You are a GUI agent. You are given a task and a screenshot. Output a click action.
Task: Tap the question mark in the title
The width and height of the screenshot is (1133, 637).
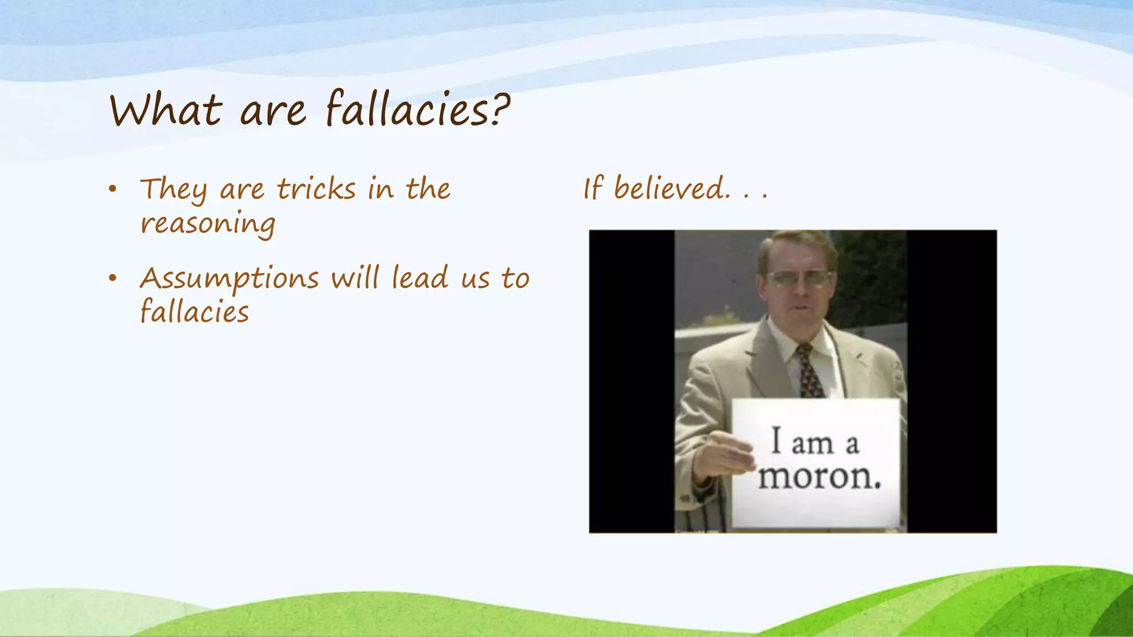click(498, 108)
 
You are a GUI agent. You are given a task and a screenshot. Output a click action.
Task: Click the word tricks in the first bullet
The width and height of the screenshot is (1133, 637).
click(316, 189)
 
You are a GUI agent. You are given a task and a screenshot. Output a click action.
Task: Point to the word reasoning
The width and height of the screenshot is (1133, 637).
click(207, 224)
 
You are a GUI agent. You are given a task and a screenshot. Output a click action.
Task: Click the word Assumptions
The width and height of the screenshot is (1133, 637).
click(230, 279)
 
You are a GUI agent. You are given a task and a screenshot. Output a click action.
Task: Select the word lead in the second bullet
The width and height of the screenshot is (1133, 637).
click(420, 278)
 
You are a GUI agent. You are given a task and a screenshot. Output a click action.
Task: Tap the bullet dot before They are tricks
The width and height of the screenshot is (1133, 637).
click(113, 189)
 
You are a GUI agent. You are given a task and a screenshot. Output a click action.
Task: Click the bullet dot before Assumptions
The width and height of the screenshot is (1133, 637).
click(113, 278)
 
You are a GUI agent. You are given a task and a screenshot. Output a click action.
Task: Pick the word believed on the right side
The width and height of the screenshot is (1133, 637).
click(671, 188)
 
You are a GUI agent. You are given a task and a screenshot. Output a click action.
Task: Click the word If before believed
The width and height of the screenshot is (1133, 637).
click(593, 188)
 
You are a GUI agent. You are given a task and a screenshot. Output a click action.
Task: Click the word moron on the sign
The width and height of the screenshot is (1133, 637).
click(819, 476)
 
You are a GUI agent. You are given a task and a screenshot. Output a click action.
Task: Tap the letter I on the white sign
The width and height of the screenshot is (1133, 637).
click(776, 441)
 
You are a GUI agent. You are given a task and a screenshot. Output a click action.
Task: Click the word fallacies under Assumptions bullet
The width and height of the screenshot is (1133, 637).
click(195, 312)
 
